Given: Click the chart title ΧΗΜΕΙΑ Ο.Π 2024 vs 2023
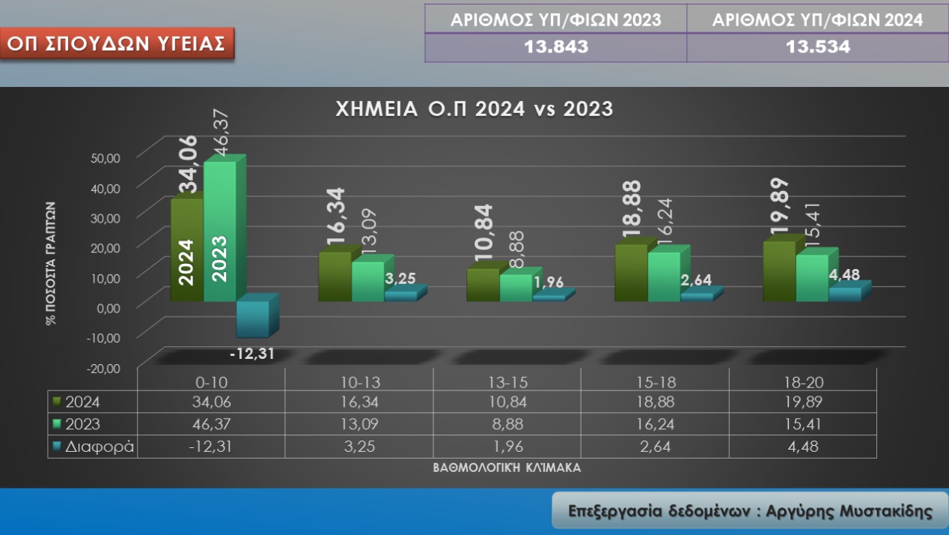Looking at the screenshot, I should coord(474,109).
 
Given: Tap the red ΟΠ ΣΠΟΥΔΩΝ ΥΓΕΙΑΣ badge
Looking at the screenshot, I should coord(116,43).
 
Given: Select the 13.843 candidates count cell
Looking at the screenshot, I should coord(555,47).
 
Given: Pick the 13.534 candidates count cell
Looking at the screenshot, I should coord(817,47).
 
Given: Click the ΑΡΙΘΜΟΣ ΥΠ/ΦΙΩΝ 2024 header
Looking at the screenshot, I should coord(817,19).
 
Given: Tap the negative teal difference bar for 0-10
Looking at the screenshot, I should coord(253,318).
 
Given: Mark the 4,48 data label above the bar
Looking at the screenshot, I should coord(844,275).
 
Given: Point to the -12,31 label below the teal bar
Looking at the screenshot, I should coord(252,353).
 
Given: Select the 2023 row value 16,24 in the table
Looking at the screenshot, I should coord(656,424).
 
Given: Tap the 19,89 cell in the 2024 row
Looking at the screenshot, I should coord(802,402).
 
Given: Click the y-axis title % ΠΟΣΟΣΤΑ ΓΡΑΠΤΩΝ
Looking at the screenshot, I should coord(51,262).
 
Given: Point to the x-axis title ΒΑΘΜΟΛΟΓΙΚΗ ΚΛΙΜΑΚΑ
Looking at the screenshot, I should coord(507,467).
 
